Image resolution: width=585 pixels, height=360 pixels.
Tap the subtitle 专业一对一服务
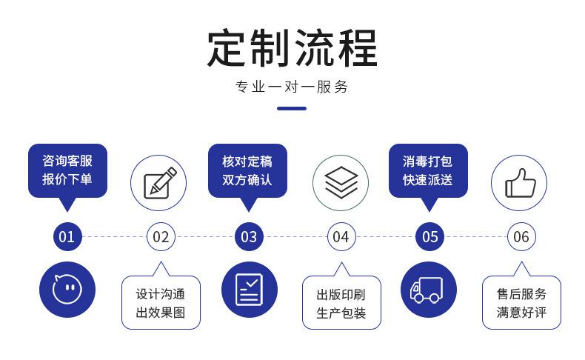pyautogui.click(x=292, y=87)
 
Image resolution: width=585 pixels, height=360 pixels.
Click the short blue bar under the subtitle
pyautogui.click(x=292, y=108)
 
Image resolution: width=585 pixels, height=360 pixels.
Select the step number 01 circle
pyautogui.click(x=67, y=237)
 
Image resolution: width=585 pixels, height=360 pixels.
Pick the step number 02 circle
pyautogui.click(x=161, y=237)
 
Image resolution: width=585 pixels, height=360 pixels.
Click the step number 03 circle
pyautogui.click(x=249, y=237)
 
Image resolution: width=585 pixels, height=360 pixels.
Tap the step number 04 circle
pyautogui.click(x=341, y=237)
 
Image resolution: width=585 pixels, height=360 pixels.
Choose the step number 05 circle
pyautogui.click(x=430, y=237)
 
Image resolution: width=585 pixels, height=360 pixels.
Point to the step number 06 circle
pyautogui.click(x=521, y=237)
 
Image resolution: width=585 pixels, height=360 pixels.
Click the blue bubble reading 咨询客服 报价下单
pyautogui.click(x=67, y=170)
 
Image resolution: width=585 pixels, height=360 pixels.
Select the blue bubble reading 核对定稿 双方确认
pyautogui.click(x=247, y=170)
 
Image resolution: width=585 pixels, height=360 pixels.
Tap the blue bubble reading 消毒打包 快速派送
pyautogui.click(x=428, y=170)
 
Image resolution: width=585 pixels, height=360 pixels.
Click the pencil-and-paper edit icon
pyautogui.click(x=159, y=182)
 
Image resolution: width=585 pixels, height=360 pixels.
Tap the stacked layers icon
pyautogui.click(x=341, y=182)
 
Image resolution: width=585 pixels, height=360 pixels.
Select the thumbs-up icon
pyautogui.click(x=520, y=182)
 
